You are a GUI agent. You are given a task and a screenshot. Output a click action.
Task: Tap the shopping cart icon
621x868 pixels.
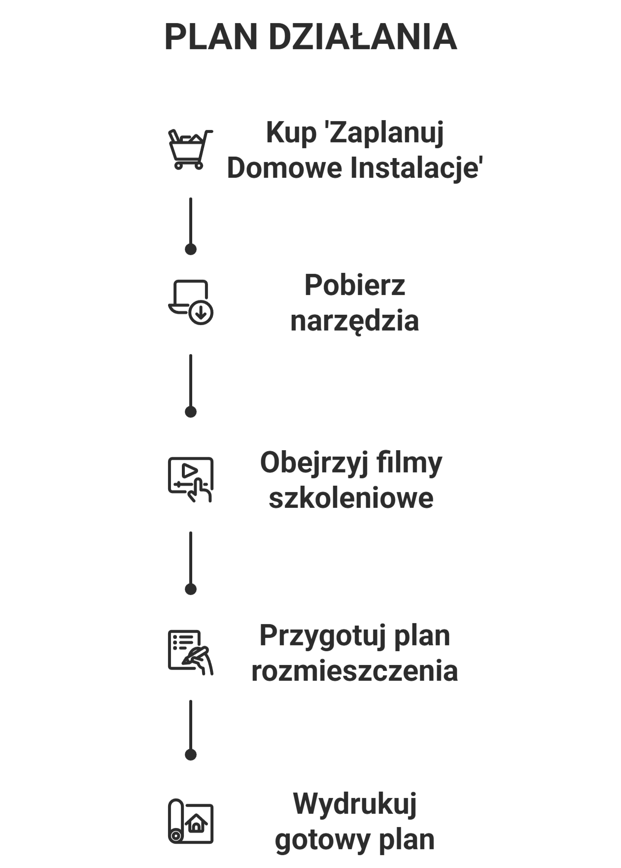(x=190, y=149)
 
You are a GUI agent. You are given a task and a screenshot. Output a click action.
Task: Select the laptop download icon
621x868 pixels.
(x=191, y=302)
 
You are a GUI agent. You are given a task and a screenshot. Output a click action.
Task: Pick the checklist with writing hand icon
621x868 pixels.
(x=191, y=652)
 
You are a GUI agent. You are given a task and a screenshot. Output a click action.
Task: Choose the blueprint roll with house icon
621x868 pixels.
(x=191, y=821)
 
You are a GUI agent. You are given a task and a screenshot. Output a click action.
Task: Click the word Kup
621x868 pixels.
(x=291, y=133)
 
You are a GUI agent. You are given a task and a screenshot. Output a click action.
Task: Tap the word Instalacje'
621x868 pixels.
(x=416, y=167)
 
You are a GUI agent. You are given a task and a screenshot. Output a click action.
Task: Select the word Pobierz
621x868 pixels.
(x=354, y=285)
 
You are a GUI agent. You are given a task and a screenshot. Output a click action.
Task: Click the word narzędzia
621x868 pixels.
(x=354, y=321)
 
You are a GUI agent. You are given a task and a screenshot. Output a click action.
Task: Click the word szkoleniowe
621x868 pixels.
(x=351, y=498)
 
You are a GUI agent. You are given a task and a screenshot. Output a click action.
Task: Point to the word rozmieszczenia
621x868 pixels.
(x=354, y=670)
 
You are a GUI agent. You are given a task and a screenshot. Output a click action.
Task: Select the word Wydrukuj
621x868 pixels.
(x=355, y=804)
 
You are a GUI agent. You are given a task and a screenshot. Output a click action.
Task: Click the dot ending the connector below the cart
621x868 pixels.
(x=191, y=249)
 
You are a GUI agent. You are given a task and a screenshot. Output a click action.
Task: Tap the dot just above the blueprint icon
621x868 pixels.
(x=191, y=755)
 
